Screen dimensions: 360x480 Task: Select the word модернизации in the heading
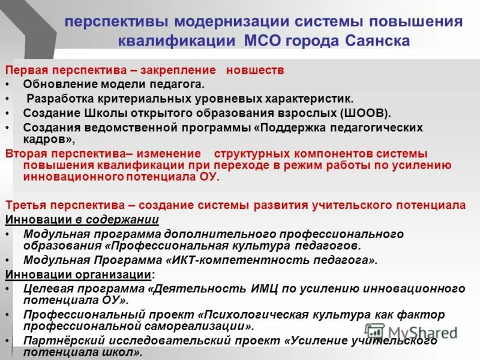[x=232, y=21]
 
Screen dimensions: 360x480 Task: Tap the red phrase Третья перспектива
[x=58, y=205]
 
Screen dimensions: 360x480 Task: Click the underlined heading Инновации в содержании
[x=82, y=220]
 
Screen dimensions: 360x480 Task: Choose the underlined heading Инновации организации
[x=78, y=275]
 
